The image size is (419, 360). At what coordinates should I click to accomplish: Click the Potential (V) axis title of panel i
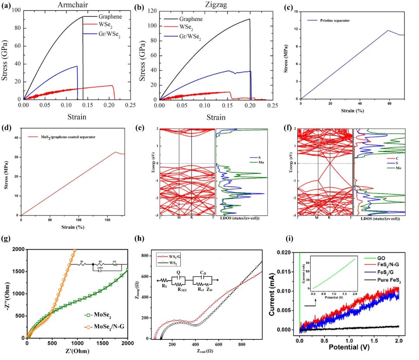(349, 346)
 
